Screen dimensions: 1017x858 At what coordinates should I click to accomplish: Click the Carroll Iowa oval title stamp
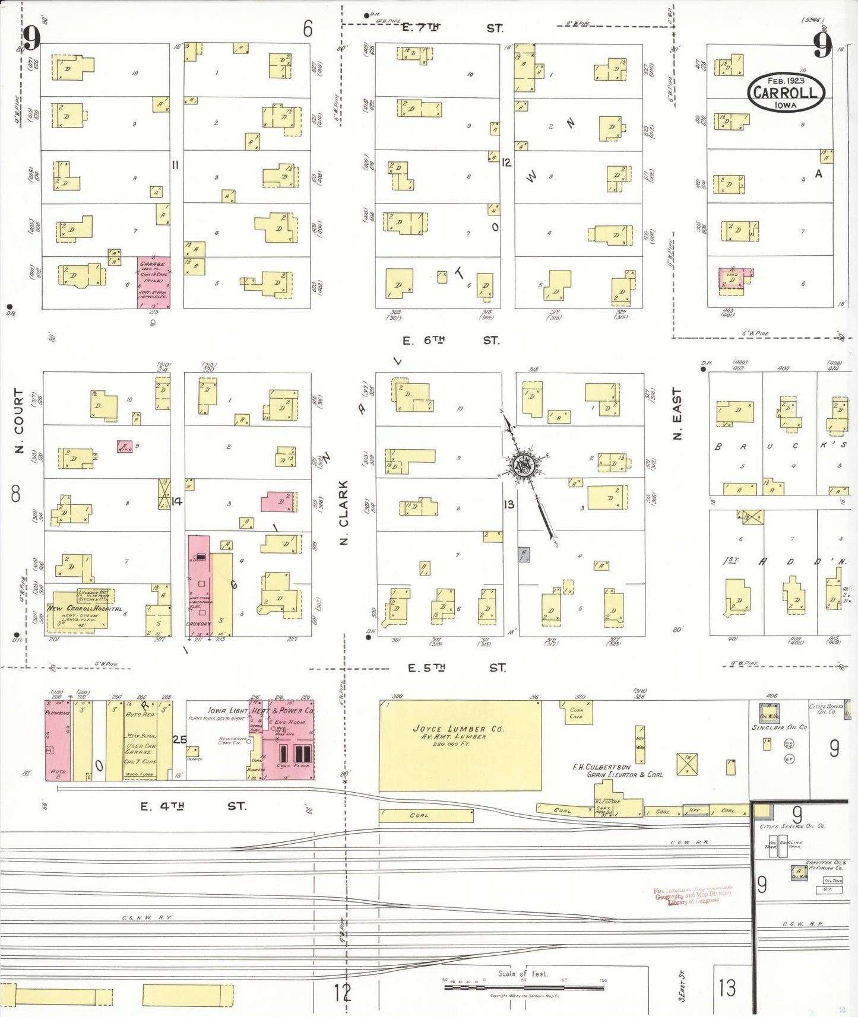(x=786, y=93)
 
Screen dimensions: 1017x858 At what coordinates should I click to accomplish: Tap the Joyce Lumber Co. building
(x=460, y=745)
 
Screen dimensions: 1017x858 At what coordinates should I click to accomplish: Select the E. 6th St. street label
(x=451, y=341)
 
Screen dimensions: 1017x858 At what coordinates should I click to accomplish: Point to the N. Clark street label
(x=343, y=512)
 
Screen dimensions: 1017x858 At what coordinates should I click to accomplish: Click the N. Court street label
(x=19, y=421)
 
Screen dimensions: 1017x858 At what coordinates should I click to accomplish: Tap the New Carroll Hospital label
(x=84, y=609)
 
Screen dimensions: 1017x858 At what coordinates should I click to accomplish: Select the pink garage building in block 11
(x=154, y=282)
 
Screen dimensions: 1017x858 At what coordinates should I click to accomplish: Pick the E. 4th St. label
(x=193, y=806)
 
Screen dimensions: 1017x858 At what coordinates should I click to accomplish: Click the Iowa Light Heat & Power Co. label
(x=260, y=710)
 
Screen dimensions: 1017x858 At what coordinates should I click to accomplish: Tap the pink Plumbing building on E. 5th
(x=58, y=739)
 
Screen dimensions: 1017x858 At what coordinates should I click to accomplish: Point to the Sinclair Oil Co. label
(x=779, y=727)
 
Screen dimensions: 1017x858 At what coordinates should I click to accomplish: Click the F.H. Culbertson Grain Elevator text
(x=617, y=771)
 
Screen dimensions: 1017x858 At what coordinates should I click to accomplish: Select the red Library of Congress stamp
(x=692, y=896)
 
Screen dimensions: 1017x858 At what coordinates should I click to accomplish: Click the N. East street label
(x=677, y=414)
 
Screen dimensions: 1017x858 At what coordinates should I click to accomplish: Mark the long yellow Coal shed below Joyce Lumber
(x=426, y=816)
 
